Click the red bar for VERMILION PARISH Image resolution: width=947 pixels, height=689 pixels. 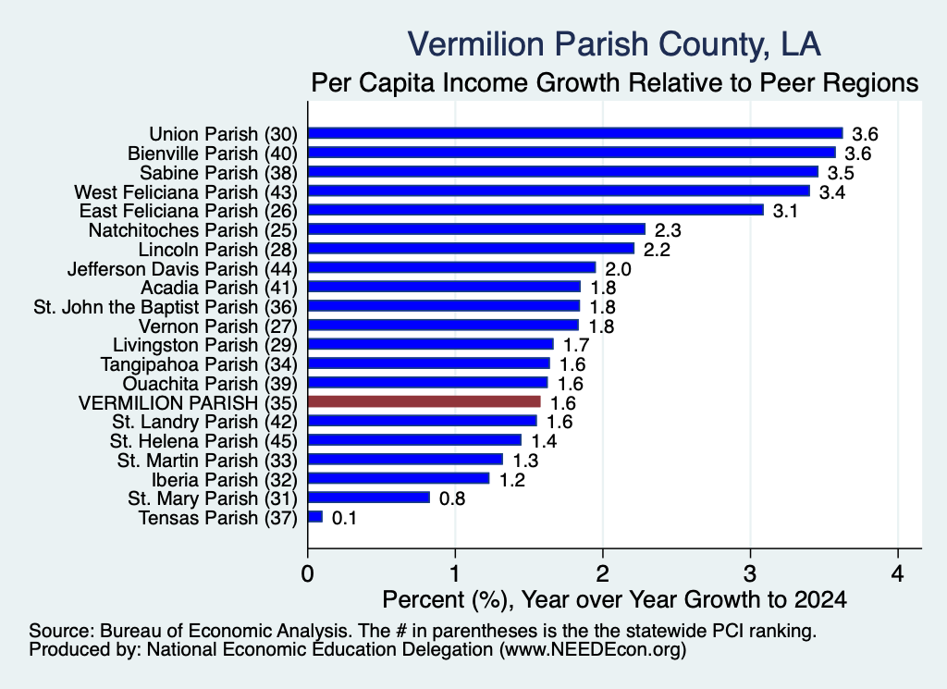tap(424, 402)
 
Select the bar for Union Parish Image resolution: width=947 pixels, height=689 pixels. tap(575, 133)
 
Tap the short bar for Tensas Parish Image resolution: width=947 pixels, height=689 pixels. tap(315, 517)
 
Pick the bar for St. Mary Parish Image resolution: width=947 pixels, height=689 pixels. tap(369, 498)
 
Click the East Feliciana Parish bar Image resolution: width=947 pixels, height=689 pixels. tap(535, 210)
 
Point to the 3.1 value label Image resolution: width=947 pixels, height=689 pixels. tap(786, 211)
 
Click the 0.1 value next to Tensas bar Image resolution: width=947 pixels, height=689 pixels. tap(344, 518)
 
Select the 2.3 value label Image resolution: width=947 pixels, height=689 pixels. tap(668, 230)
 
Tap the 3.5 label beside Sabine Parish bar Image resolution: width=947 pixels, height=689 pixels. tap(841, 173)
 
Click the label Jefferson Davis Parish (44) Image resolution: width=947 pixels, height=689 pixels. tap(182, 268)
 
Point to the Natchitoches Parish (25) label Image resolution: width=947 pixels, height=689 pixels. tap(193, 230)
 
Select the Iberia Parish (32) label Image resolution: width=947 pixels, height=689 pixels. tap(225, 479)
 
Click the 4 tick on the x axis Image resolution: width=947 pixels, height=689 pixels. tap(898, 572)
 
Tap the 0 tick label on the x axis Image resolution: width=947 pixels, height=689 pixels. tap(307, 572)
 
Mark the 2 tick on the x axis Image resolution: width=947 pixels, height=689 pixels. tap(603, 572)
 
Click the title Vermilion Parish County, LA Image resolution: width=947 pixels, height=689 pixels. tap(614, 44)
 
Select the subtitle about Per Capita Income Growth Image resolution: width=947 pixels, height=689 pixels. tap(615, 82)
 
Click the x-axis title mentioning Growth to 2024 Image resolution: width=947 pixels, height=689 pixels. tap(615, 599)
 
